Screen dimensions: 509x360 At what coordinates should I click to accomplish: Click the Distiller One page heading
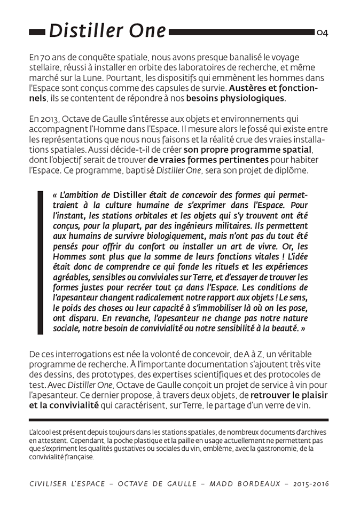point(107,31)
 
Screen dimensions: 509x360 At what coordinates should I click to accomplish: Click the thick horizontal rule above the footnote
point(178,419)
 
